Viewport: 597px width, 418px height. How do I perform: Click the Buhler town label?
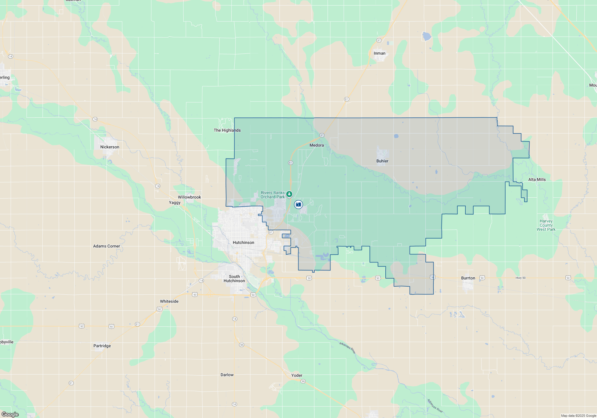pos(382,161)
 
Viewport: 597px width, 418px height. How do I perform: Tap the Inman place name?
pos(379,53)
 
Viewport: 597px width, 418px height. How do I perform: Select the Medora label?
pos(316,145)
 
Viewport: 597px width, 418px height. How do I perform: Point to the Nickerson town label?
pos(110,147)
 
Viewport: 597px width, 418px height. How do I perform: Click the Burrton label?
pos(468,278)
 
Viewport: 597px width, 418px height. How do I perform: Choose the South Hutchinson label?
pos(234,279)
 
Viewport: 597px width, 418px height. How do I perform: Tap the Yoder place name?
pos(297,375)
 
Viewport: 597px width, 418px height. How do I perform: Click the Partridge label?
pos(102,346)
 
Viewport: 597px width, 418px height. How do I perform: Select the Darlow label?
pos(227,375)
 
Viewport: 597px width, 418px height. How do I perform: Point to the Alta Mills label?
pos(537,179)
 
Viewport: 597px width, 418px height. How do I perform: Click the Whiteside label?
pos(169,301)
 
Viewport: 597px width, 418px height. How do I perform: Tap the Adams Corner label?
pos(107,246)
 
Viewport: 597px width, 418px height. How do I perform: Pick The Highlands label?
pos(227,130)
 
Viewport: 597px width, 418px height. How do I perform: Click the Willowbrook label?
pos(189,197)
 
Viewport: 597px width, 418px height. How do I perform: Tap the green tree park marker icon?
pos(289,194)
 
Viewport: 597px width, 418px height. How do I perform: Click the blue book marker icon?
pos(298,205)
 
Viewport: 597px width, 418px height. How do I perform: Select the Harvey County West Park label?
pos(546,225)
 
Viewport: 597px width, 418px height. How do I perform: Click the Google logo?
pos(10,414)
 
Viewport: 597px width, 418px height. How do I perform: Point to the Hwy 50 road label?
pos(521,278)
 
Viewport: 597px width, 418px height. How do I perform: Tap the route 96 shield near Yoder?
pos(303,381)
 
